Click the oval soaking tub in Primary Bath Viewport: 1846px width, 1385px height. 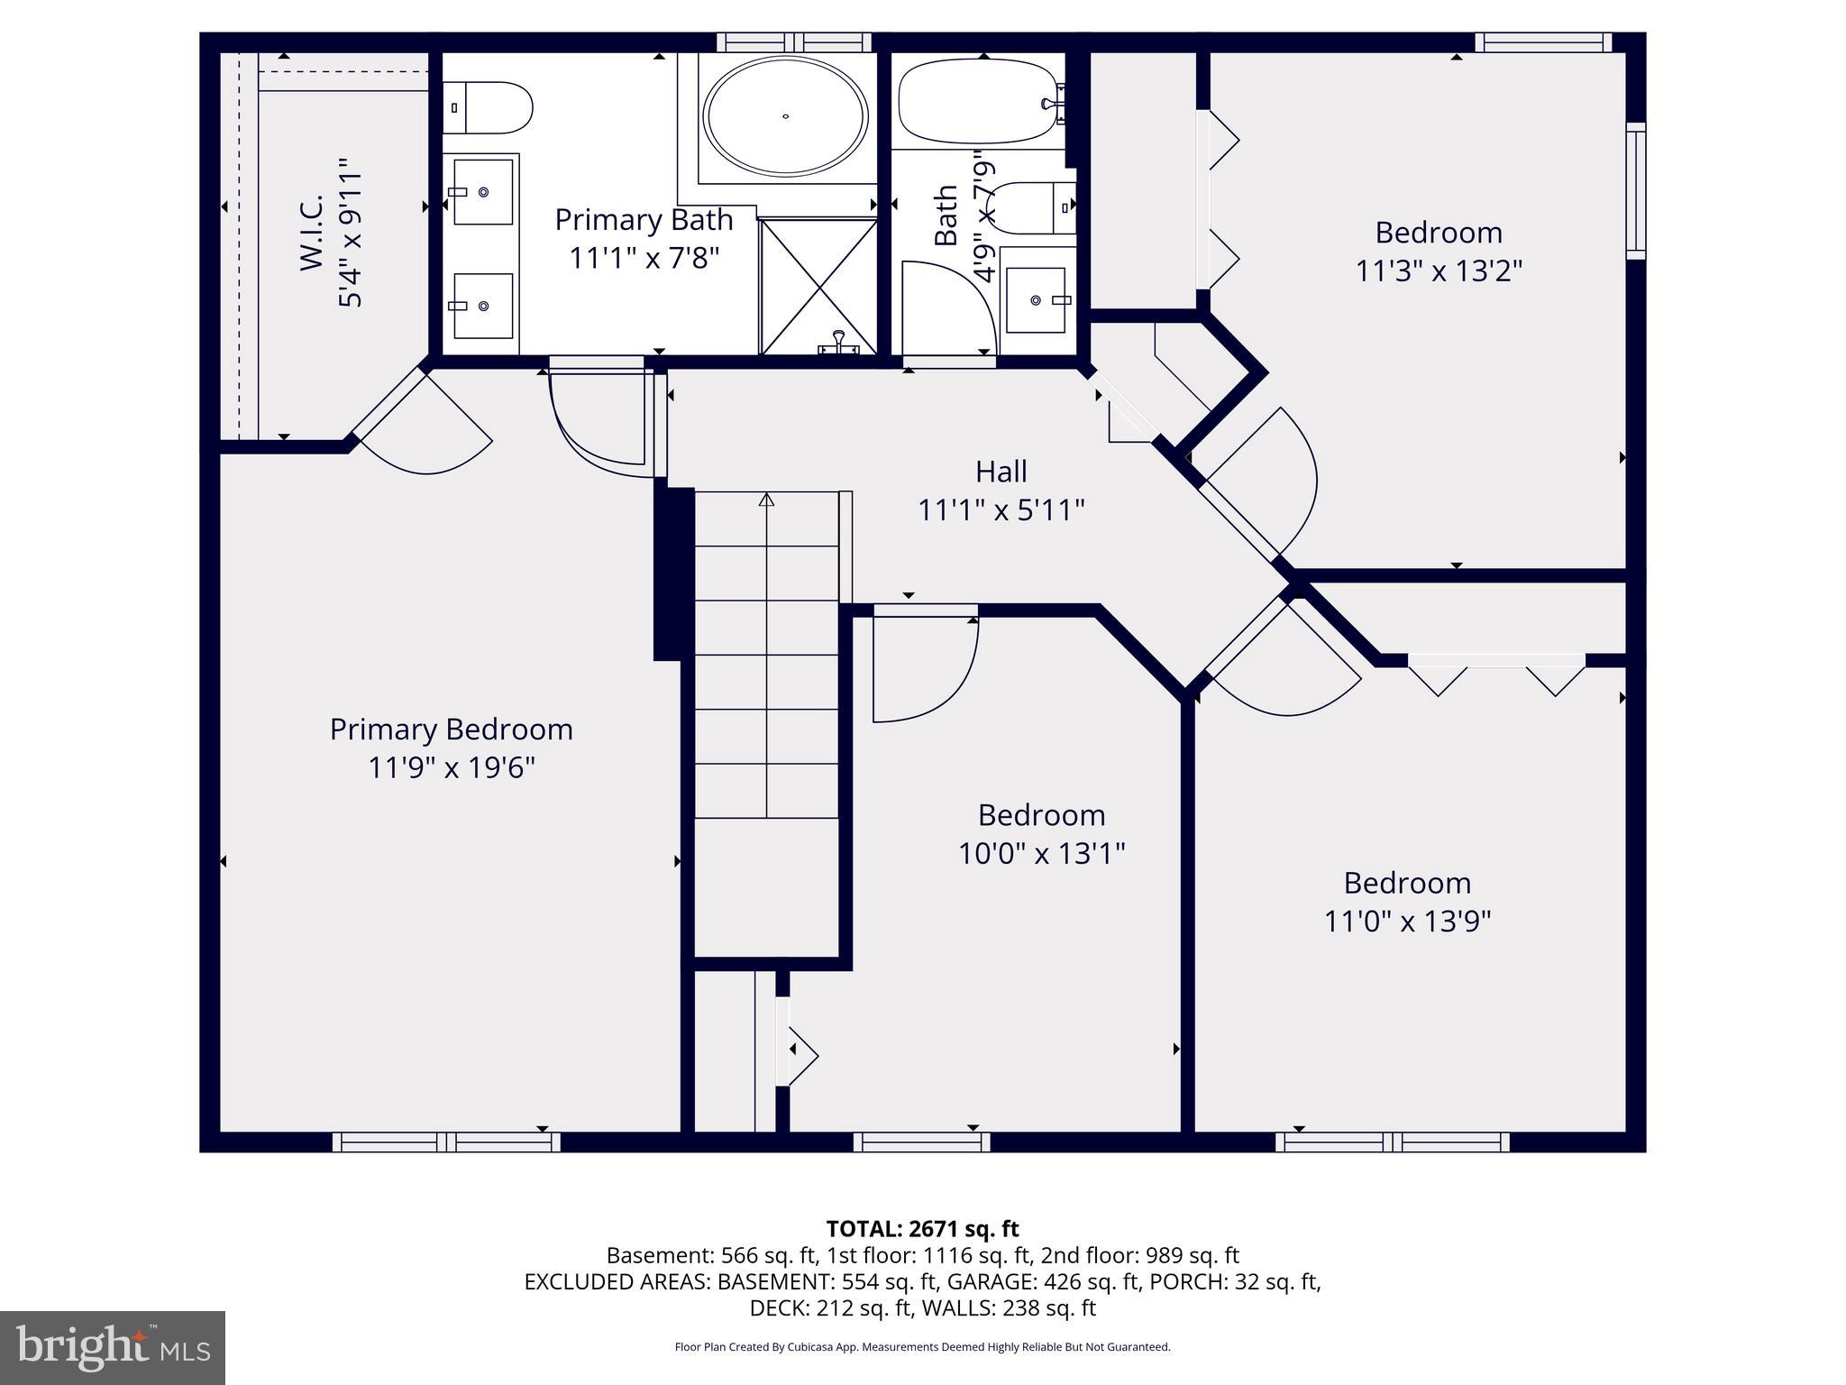coord(785,115)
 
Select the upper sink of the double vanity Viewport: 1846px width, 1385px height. coord(483,191)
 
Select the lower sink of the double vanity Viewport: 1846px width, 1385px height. coord(483,306)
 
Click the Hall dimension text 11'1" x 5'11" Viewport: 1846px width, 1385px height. coord(1001,511)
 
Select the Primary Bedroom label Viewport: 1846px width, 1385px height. coord(451,729)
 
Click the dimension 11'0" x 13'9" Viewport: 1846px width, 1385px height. coord(1407,922)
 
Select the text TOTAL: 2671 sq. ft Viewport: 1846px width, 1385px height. coord(922,1229)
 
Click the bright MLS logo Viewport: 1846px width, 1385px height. coord(113,1347)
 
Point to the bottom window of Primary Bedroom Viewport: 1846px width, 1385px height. coord(446,1142)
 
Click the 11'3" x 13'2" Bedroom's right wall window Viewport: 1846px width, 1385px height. coord(1635,191)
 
